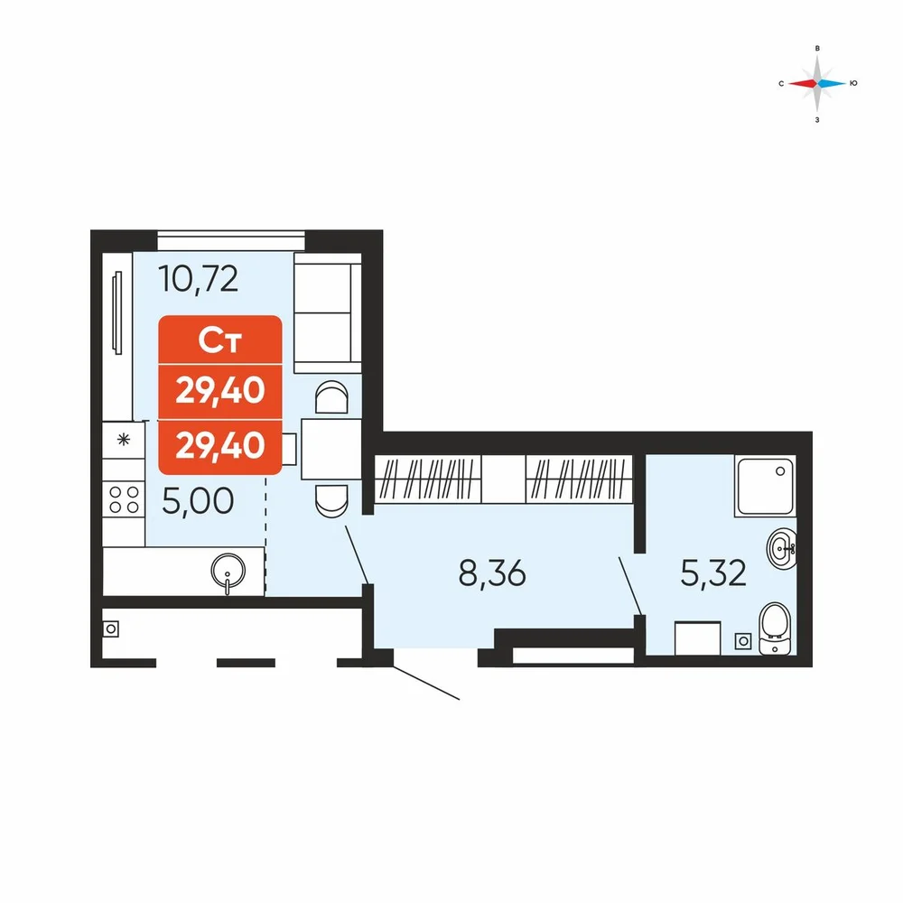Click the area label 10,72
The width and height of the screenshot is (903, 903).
point(198,279)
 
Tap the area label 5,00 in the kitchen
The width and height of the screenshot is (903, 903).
point(198,501)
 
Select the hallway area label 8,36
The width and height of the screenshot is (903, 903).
point(492,573)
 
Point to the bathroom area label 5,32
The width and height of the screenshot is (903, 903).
point(713,573)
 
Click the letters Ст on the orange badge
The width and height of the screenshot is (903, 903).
point(219,340)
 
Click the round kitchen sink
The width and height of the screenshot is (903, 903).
point(228,572)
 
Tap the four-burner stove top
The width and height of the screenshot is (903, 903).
point(124,499)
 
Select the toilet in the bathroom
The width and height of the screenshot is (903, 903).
point(775,628)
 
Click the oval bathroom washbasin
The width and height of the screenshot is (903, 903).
point(781,549)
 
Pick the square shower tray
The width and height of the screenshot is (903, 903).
point(766,486)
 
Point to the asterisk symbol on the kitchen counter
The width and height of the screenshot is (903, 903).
point(123,441)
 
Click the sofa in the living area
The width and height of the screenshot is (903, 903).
point(328,313)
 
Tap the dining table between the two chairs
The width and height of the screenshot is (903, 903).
point(331,449)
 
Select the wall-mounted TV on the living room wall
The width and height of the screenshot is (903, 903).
point(117,312)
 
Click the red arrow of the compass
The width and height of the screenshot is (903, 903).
point(803,83)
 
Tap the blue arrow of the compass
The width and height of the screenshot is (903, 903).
point(833,83)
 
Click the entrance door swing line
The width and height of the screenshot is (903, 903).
point(426,683)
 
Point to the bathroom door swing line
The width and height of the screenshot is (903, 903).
point(630,586)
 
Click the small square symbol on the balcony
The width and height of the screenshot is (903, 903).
point(111,628)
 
